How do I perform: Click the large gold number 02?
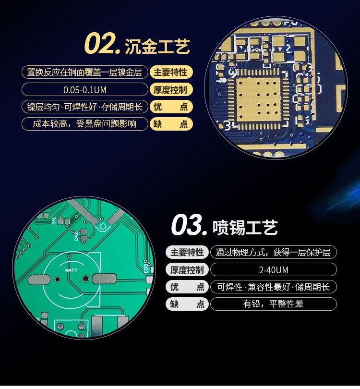(103, 44)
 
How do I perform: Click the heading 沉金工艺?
(157, 47)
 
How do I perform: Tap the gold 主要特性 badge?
(171, 73)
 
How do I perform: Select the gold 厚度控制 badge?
(171, 89)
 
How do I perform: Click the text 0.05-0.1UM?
(85, 90)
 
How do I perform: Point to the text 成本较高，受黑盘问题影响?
(84, 123)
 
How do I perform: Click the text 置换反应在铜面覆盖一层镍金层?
(84, 73)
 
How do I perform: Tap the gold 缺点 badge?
(171, 124)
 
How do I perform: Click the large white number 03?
(189, 225)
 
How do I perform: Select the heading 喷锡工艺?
(245, 227)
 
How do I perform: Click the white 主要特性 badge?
(187, 252)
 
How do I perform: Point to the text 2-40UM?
(274, 270)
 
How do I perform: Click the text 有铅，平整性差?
(273, 304)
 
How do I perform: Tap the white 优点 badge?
(187, 287)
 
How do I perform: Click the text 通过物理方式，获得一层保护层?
(273, 253)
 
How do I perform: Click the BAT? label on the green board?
(71, 270)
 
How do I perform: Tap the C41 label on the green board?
(54, 220)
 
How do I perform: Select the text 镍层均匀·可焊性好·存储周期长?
(84, 107)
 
